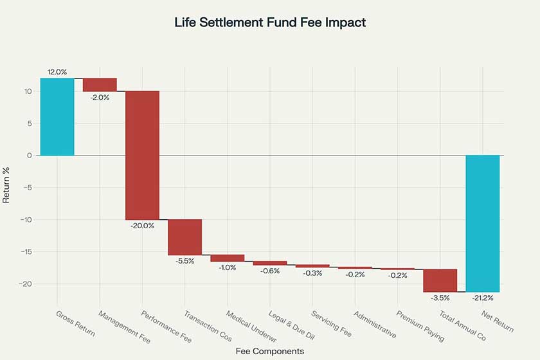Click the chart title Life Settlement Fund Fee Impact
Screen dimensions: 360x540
tap(270, 22)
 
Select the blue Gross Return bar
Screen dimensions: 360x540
tap(57, 116)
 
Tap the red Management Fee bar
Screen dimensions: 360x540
tap(100, 84)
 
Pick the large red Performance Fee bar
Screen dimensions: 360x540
tap(142, 155)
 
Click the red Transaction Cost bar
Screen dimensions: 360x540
tap(184, 237)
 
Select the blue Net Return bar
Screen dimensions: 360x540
tap(483, 224)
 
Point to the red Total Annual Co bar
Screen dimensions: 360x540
tap(440, 280)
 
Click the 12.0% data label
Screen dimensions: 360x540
tap(57, 72)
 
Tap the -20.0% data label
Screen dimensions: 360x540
tap(142, 226)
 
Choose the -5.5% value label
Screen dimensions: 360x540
tap(184, 261)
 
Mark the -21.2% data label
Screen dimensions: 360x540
tap(483, 298)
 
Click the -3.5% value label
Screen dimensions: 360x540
tap(440, 298)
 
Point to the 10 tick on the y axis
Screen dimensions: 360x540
tap(28, 91)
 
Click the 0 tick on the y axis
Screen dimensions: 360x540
tap(30, 156)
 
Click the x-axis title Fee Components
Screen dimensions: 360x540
tap(270, 351)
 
